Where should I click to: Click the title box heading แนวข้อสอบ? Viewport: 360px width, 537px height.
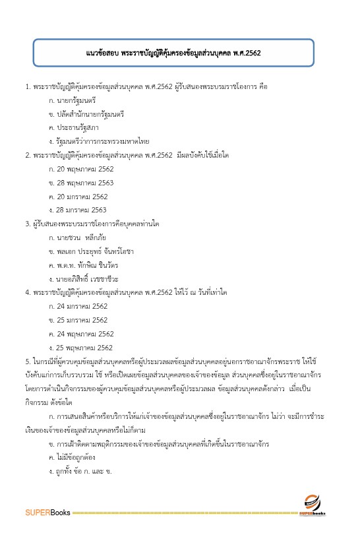(x=180, y=52)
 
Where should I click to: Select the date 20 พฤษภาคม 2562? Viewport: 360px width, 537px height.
(x=81, y=168)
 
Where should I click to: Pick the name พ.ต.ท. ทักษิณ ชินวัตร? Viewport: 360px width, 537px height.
(x=86, y=265)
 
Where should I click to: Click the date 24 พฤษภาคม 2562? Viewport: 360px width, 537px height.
(x=81, y=334)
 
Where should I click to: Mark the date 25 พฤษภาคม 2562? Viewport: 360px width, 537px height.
(x=81, y=348)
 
